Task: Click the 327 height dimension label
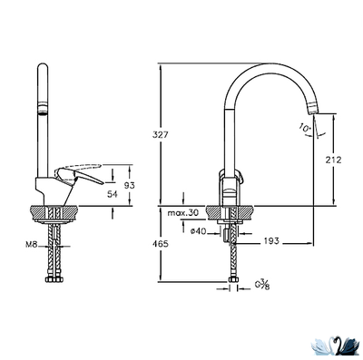(160, 134)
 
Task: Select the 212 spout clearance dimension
(334, 160)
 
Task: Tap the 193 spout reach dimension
(271, 241)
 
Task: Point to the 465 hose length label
(160, 244)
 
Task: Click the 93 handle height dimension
(130, 186)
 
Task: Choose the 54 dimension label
(113, 194)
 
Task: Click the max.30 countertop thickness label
(183, 213)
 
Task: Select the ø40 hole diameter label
(199, 231)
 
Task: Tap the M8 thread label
(31, 245)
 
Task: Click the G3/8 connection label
(262, 285)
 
